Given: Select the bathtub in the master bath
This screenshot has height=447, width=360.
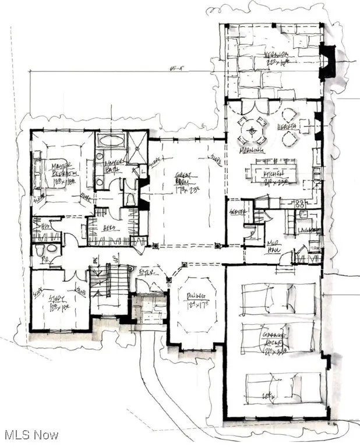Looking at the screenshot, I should coord(110,140).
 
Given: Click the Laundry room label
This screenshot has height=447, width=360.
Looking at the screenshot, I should coord(309,231).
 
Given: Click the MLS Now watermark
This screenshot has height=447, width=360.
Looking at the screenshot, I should coord(30,435).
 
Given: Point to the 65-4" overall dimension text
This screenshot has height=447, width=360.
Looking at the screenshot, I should coord(173,69).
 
